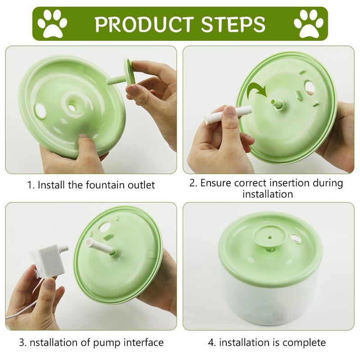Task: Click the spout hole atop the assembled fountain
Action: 270,234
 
